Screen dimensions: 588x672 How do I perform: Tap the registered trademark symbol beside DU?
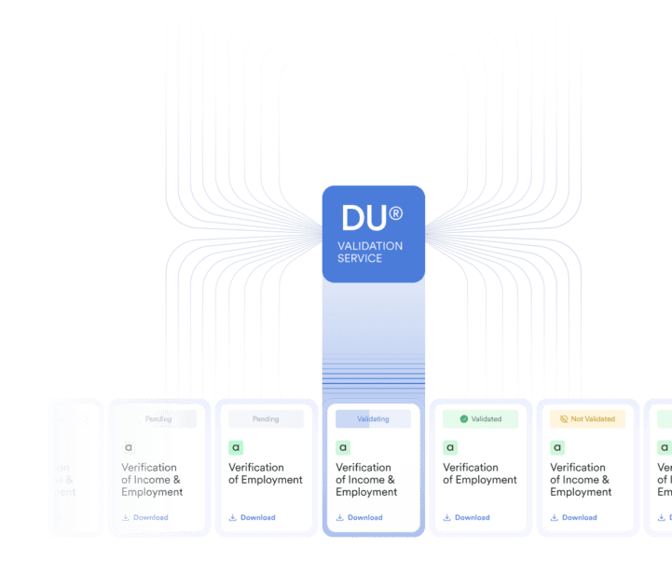[395, 213]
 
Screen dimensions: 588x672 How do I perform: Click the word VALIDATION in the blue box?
[370, 246]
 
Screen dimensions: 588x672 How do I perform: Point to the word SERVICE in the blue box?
[360, 258]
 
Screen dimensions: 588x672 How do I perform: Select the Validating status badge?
[373, 419]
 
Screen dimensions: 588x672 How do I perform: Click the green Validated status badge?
[480, 419]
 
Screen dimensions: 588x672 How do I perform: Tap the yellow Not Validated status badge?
[587, 419]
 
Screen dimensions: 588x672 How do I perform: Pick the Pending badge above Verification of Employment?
[266, 419]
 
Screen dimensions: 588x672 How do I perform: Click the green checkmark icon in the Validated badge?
[464, 419]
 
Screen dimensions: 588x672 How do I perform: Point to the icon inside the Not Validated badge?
[564, 419]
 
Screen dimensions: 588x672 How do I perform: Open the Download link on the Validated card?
[472, 517]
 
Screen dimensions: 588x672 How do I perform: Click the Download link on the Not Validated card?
[579, 517]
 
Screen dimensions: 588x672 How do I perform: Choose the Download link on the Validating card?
[364, 517]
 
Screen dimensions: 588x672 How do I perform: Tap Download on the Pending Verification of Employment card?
[257, 517]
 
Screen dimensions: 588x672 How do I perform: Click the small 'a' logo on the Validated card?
[450, 447]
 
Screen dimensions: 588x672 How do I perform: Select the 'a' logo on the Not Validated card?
[557, 447]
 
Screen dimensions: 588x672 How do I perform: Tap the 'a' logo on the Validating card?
[343, 447]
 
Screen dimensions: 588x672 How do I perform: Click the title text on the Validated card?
[479, 473]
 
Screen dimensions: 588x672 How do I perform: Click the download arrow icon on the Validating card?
[340, 517]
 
